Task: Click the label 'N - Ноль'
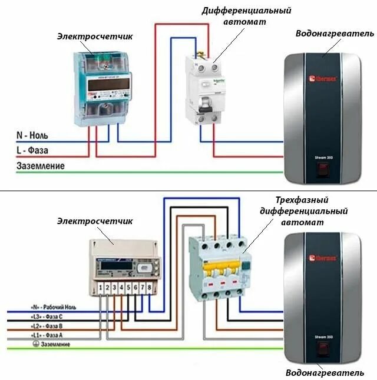[x=32, y=135]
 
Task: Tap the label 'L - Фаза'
[x=32, y=151]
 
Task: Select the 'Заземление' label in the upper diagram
[x=40, y=166]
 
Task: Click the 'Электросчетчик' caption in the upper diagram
[x=95, y=36]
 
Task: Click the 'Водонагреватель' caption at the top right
[x=335, y=33]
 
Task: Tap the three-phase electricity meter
[x=123, y=266]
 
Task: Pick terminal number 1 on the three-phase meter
[x=101, y=287]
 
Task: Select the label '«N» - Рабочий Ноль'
[x=54, y=308]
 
